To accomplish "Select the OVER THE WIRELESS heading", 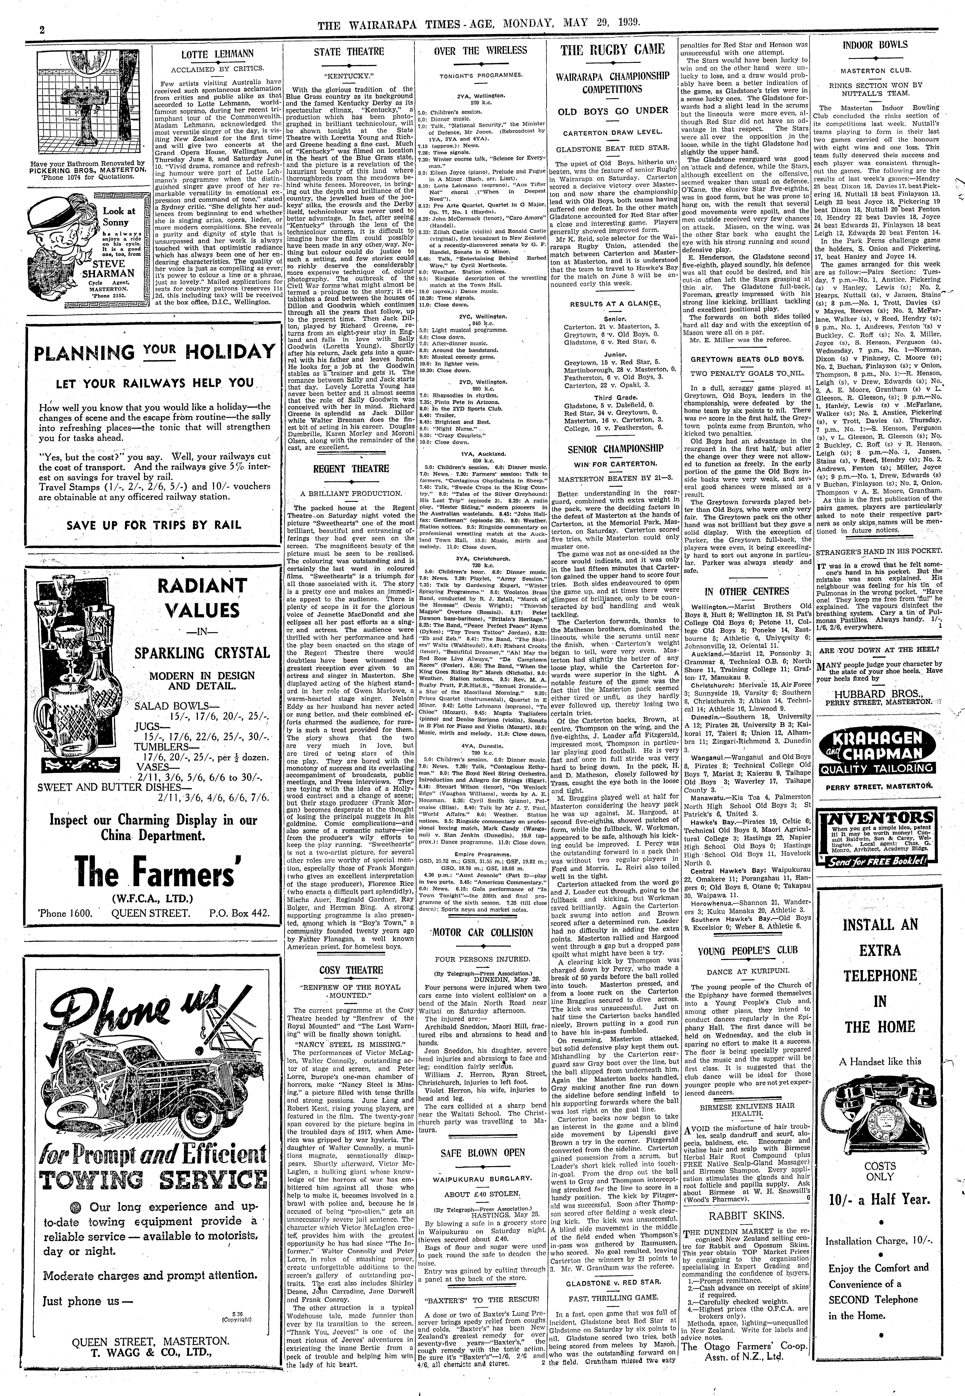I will click(481, 51).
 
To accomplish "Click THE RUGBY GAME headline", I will click(613, 50).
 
